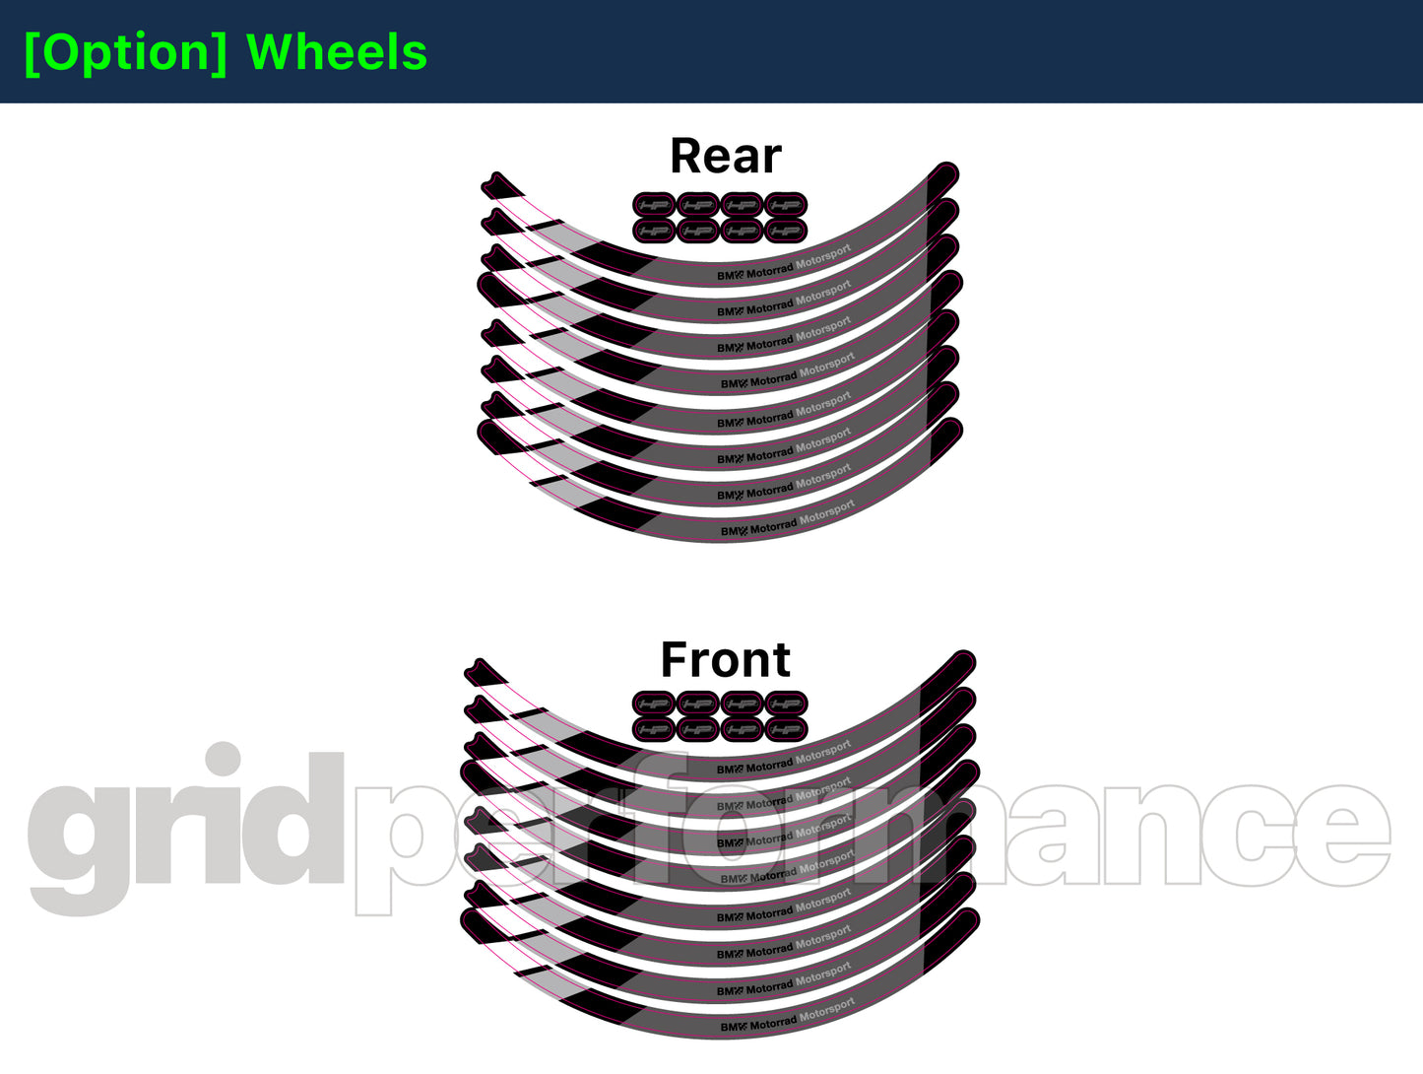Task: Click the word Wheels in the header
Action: tap(337, 52)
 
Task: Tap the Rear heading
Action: tap(725, 156)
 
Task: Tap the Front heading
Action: tap(725, 659)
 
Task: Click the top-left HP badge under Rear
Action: tap(654, 205)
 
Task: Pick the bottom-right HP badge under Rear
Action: tap(786, 231)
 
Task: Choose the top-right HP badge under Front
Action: tap(786, 704)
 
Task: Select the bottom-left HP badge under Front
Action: tap(654, 729)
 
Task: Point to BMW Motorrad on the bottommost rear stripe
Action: tap(757, 529)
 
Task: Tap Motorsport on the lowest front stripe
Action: tap(826, 1011)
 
